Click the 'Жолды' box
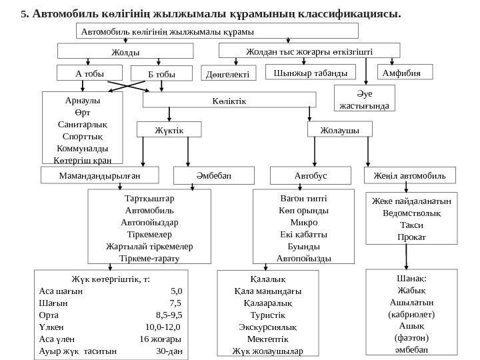pyautogui.click(x=126, y=51)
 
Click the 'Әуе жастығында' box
pyautogui.click(x=364, y=99)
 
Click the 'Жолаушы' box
pyautogui.click(x=338, y=129)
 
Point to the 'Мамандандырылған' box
pyautogui.click(x=100, y=175)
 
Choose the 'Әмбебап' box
pyautogui.click(x=205, y=175)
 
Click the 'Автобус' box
pyautogui.click(x=303, y=175)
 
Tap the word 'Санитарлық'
pyautogui.click(x=82, y=125)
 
